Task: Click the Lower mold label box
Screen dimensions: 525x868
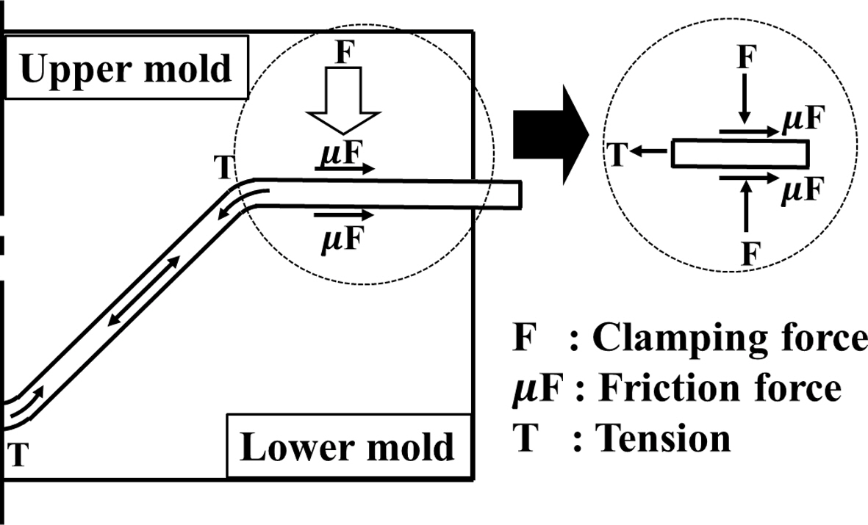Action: pyautogui.click(x=347, y=446)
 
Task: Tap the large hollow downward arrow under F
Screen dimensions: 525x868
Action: pyautogui.click(x=343, y=103)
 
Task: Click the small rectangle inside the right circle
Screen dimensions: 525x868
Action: pyautogui.click(x=740, y=154)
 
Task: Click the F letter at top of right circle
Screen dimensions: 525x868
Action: pyautogui.click(x=747, y=57)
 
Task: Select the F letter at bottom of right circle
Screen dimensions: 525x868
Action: pyautogui.click(x=749, y=254)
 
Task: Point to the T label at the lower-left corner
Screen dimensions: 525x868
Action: pyautogui.click(x=20, y=456)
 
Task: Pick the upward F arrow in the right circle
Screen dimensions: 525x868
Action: pyautogui.click(x=747, y=209)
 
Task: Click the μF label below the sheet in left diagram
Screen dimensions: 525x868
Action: pyautogui.click(x=342, y=239)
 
